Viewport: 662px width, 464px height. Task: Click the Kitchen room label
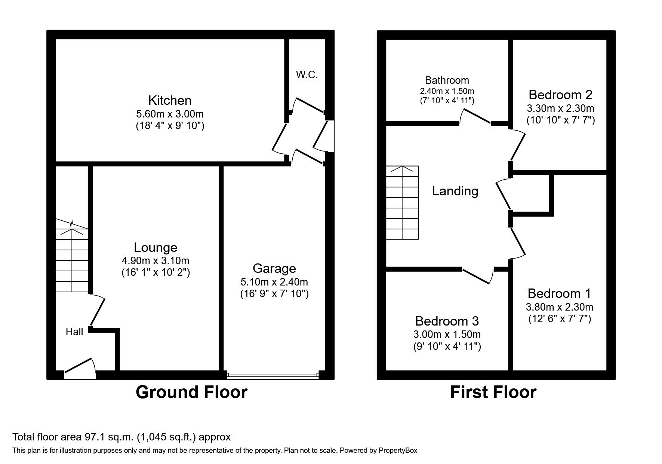point(170,100)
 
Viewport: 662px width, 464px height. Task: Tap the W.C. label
point(307,75)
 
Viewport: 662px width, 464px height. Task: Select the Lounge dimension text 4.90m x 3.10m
point(156,260)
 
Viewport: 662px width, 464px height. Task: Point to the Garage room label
point(274,268)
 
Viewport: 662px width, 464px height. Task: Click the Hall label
point(74,332)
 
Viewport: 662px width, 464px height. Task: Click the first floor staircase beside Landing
point(402,202)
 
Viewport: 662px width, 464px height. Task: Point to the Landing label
point(455,191)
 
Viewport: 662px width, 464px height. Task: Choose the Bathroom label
point(447,80)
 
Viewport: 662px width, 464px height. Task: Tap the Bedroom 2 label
point(560,95)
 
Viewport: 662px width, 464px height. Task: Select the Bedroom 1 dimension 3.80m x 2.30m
point(559,307)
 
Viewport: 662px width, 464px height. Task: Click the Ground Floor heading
point(191,392)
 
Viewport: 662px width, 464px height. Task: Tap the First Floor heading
point(493,392)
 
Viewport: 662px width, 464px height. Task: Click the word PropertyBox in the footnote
point(398,451)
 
